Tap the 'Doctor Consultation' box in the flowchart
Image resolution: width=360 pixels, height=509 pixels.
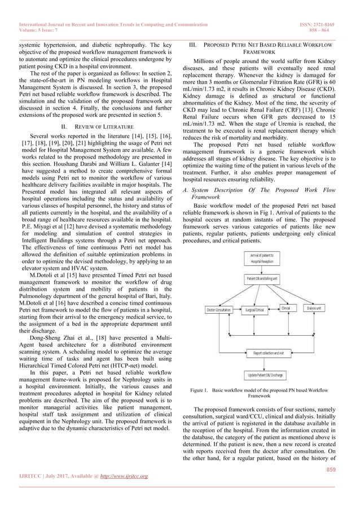pos(219,309)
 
